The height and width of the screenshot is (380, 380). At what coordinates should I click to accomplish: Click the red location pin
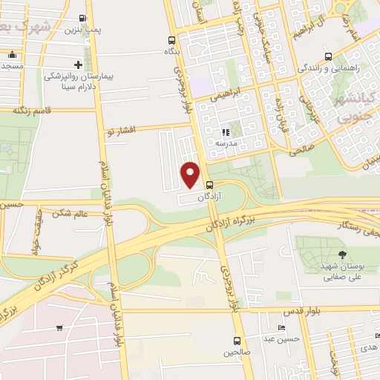tap(191, 174)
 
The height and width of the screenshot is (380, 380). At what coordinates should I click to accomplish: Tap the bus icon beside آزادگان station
tap(209, 185)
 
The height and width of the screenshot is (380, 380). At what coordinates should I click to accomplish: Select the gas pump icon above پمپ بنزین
tap(82, 18)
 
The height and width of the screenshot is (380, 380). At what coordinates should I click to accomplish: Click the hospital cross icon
tap(79, 65)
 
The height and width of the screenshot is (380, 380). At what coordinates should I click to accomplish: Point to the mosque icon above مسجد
tap(11, 55)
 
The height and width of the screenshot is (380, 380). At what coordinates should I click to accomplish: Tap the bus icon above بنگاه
tap(172, 41)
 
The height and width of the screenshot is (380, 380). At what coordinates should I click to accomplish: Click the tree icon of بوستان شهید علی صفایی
tap(321, 256)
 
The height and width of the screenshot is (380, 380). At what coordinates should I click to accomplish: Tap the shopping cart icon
tap(59, 327)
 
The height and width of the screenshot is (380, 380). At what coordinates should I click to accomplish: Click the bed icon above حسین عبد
tap(281, 327)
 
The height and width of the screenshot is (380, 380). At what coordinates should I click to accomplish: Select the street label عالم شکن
tap(71, 213)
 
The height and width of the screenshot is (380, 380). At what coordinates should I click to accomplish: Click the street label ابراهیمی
tap(225, 96)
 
